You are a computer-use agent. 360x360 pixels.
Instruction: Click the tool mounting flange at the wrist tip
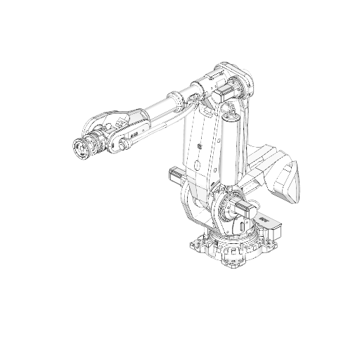pos(82,148)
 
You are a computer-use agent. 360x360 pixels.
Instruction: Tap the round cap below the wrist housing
pos(125,145)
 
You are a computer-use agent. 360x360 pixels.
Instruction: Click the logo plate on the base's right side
pos(266,221)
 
